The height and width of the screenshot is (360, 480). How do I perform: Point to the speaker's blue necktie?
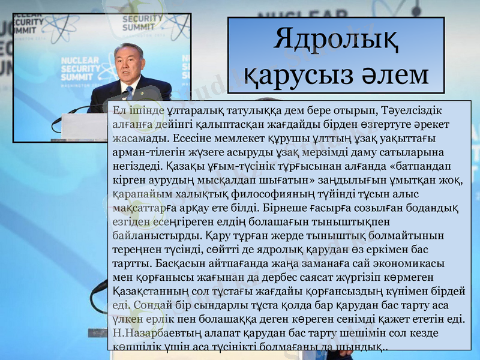tap(129, 92)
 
